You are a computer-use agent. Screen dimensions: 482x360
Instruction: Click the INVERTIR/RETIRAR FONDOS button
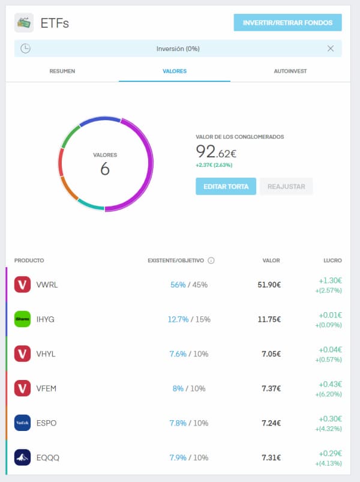287,23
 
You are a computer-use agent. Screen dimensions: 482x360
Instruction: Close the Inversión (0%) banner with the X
331,49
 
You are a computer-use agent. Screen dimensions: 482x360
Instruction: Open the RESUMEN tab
62,71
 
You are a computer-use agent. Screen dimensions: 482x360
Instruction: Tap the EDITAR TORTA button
226,186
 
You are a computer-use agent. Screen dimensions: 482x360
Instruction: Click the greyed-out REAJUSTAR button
286,186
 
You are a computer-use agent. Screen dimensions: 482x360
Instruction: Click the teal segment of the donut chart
91,205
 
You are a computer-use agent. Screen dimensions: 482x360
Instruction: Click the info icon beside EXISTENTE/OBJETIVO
211,261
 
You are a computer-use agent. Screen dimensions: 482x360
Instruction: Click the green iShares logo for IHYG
22,319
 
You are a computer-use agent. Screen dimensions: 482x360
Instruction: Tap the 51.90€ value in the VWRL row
269,285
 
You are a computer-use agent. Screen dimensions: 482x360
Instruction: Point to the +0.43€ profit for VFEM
330,384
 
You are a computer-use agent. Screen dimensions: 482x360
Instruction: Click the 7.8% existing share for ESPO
178,423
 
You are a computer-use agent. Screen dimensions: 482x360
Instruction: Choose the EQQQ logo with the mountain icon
22,458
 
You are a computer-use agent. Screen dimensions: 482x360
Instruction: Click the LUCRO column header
332,261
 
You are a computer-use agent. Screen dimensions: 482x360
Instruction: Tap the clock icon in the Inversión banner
25,49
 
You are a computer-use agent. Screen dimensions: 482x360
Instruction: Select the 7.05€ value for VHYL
271,354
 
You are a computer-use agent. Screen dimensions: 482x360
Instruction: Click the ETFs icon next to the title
24,23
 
